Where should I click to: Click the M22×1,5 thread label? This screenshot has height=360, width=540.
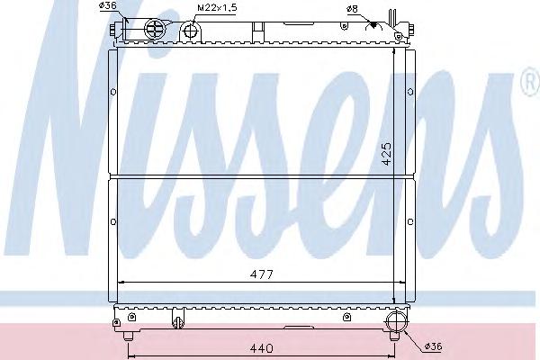pos(217,8)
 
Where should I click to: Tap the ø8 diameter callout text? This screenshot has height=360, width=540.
pos(353,9)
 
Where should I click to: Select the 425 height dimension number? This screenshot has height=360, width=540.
pos(387,154)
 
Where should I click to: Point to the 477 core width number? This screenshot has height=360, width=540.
pos(262,274)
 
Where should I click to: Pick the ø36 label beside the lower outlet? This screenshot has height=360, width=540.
pos(433,346)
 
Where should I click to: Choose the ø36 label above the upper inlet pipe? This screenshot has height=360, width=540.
pos(107,6)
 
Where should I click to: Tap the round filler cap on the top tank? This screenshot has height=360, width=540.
pos(156,28)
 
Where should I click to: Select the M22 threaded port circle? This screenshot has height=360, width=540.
pos(190,31)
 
